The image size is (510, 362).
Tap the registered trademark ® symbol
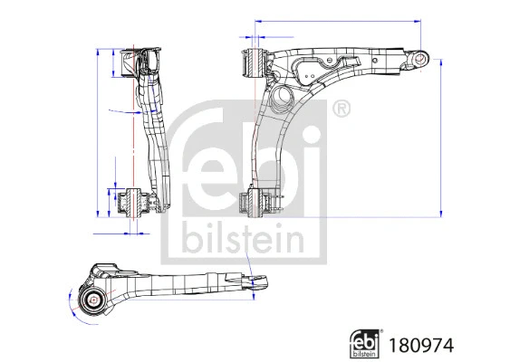[341, 110]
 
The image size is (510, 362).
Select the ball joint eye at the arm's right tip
[419, 59]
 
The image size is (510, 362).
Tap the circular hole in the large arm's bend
[280, 95]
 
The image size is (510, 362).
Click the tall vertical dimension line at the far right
[442, 136]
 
